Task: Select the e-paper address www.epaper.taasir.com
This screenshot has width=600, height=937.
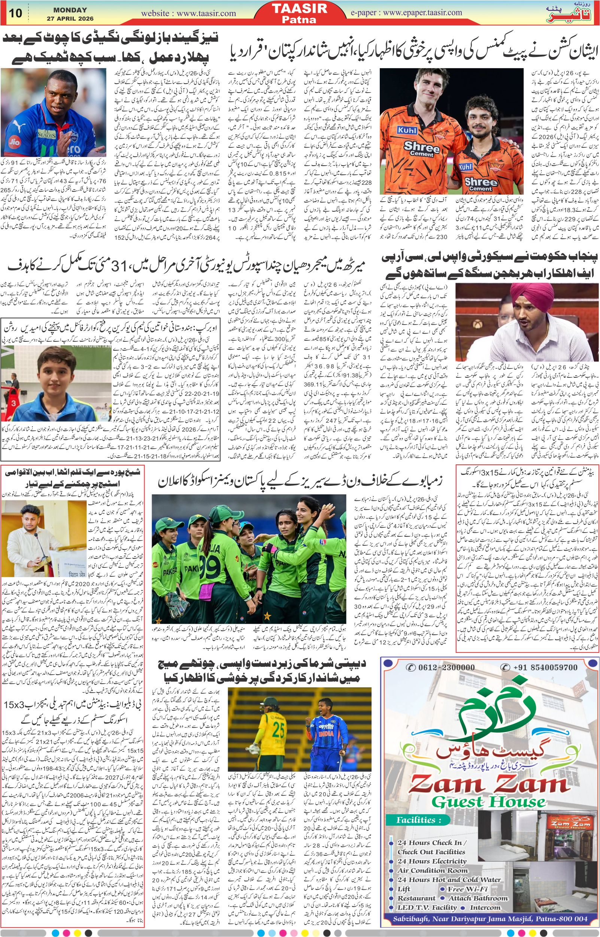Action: tap(422, 12)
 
